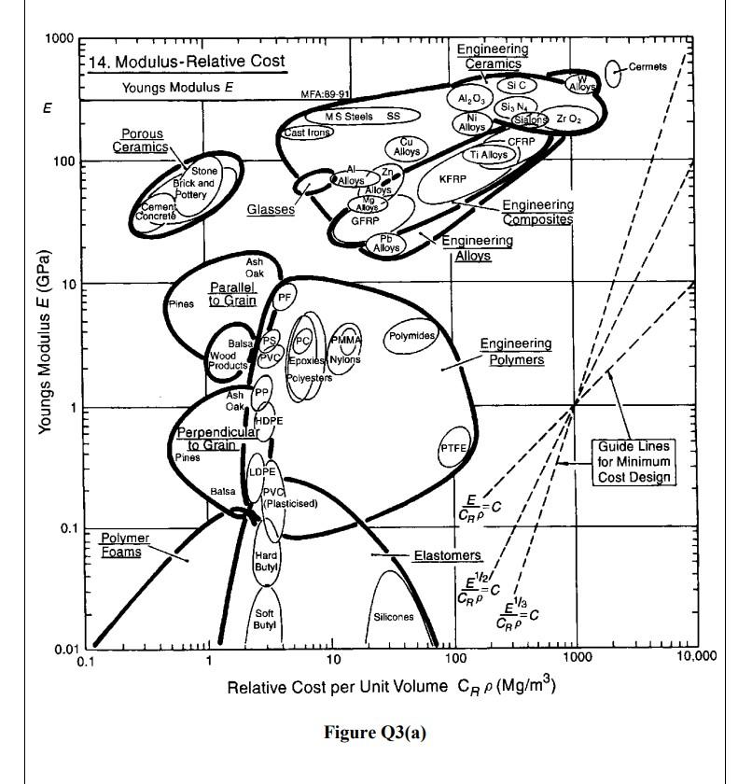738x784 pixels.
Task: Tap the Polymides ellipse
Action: [411, 336]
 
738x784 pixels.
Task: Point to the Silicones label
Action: [393, 617]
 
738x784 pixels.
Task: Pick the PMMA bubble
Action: [345, 338]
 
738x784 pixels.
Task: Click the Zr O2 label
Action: [568, 119]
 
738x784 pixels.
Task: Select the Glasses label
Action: [271, 210]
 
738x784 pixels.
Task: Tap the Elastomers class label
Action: [447, 556]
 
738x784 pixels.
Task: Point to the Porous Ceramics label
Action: [141, 141]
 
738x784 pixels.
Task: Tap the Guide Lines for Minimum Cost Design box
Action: [635, 462]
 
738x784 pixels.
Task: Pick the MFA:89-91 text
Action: [325, 94]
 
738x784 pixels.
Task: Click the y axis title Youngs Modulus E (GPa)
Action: [44, 343]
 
